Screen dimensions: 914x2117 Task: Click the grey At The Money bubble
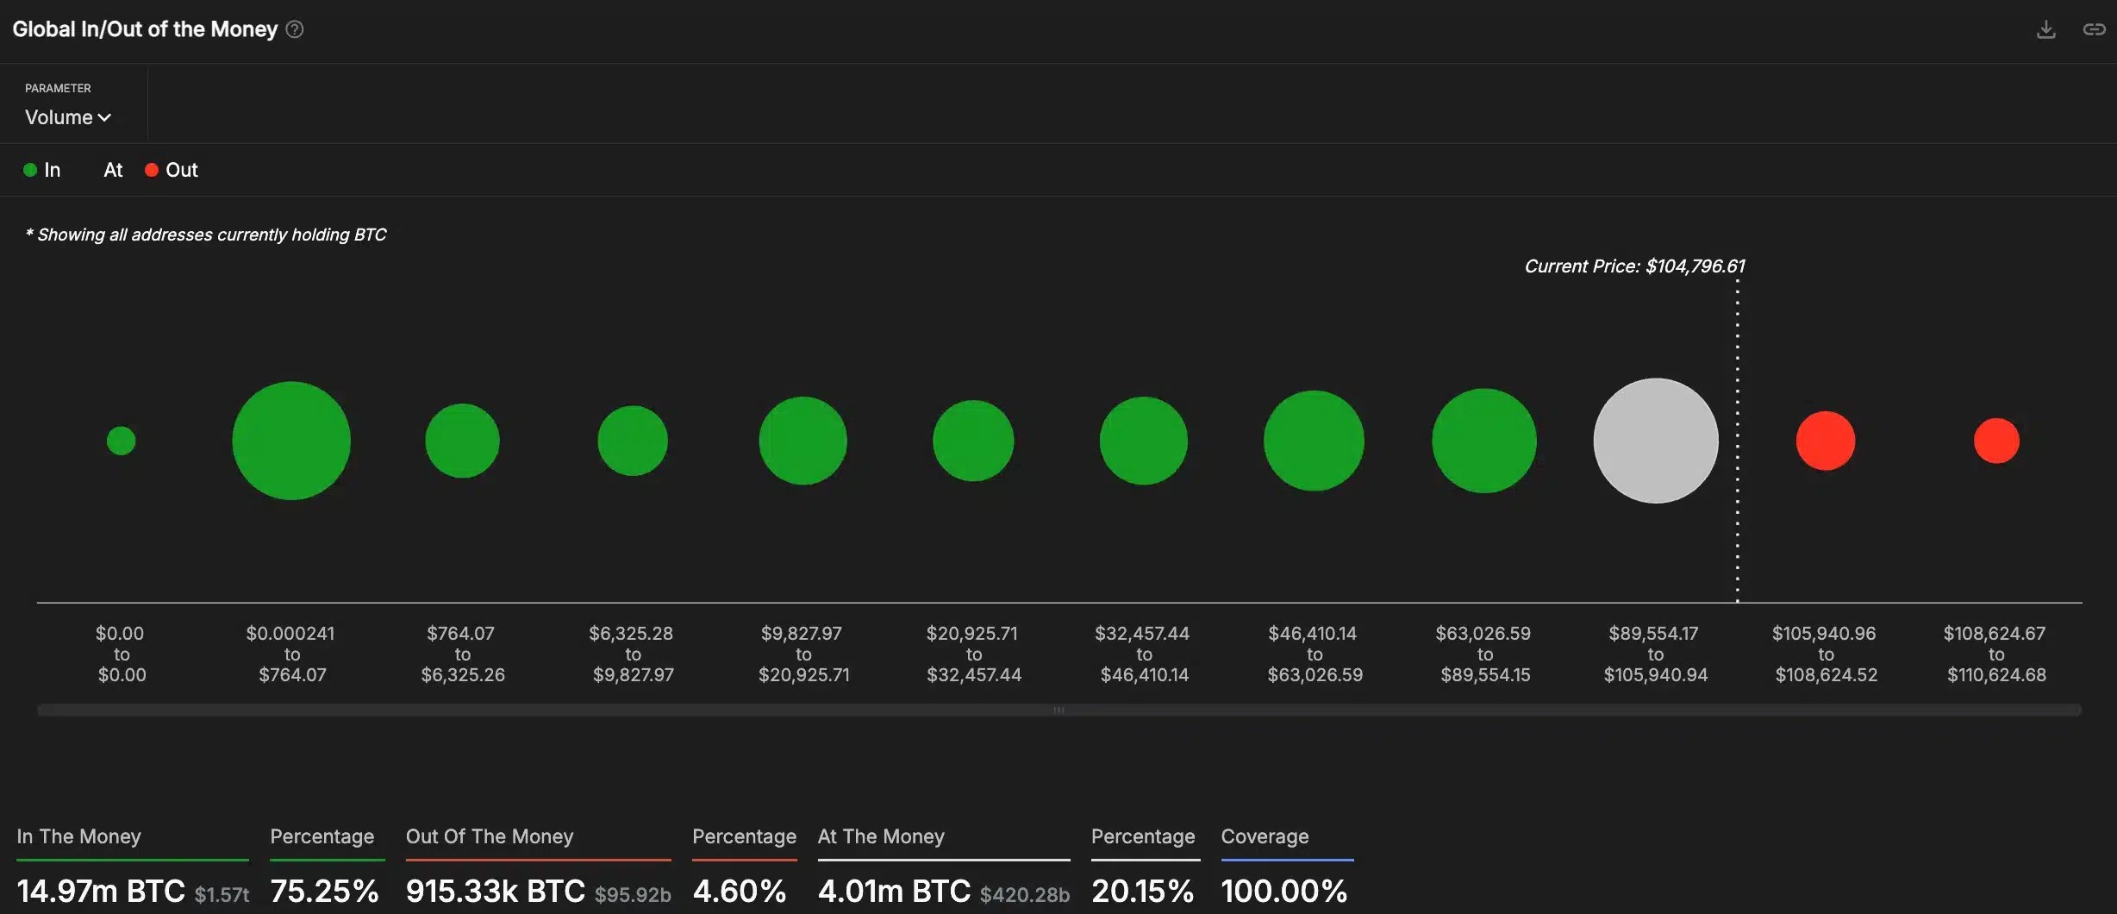[1655, 441]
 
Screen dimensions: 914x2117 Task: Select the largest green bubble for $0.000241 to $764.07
[291, 441]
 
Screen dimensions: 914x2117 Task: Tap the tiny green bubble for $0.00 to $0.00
[121, 441]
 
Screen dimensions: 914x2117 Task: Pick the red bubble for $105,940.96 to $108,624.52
[1825, 441]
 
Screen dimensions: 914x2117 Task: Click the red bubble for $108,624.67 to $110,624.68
[1996, 441]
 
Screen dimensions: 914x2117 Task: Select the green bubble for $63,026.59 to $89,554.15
[1483, 441]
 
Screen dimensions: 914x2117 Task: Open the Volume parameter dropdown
[68, 117]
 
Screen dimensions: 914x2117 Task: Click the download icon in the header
[2045, 29]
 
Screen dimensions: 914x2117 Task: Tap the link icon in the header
[2094, 29]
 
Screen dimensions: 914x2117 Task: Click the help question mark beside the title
[295, 29]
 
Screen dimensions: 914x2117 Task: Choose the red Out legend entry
[172, 170]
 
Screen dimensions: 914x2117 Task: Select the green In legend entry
[42, 170]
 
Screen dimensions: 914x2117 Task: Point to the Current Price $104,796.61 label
[1634, 266]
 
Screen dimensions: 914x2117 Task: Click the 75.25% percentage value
[324, 891]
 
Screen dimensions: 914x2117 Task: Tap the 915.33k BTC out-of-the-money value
[495, 891]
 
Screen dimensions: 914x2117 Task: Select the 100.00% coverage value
[1283, 891]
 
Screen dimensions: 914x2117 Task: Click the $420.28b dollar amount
[1024, 895]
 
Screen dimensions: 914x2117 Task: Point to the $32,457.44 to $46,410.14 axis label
[1143, 654]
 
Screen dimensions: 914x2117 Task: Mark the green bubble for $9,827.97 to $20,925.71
[802, 441]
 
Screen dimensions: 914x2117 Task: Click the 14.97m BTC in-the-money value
[101, 891]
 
